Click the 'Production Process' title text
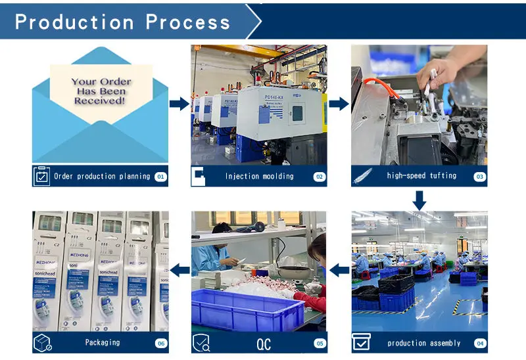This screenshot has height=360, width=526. [123, 22]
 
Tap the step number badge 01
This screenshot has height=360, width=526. [160, 176]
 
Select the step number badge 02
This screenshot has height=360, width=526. [319, 176]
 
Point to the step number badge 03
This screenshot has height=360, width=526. [479, 176]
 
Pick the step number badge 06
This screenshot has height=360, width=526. [160, 343]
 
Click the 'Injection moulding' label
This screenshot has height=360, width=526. [259, 176]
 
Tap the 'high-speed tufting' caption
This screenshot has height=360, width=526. [421, 176]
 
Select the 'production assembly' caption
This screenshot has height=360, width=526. [424, 343]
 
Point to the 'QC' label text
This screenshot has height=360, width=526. [263, 343]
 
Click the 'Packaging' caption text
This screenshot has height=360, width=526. [103, 343]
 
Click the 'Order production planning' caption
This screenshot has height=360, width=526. [102, 176]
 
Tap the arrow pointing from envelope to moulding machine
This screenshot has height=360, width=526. [179, 103]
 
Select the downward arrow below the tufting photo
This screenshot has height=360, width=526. [419, 199]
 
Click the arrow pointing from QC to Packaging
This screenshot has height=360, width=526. [179, 269]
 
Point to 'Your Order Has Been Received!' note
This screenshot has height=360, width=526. [101, 91]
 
